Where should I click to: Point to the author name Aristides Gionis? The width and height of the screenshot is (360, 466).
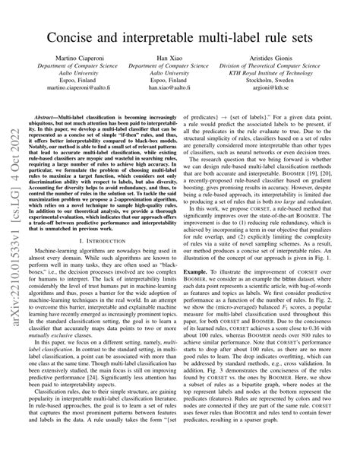(280, 78)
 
